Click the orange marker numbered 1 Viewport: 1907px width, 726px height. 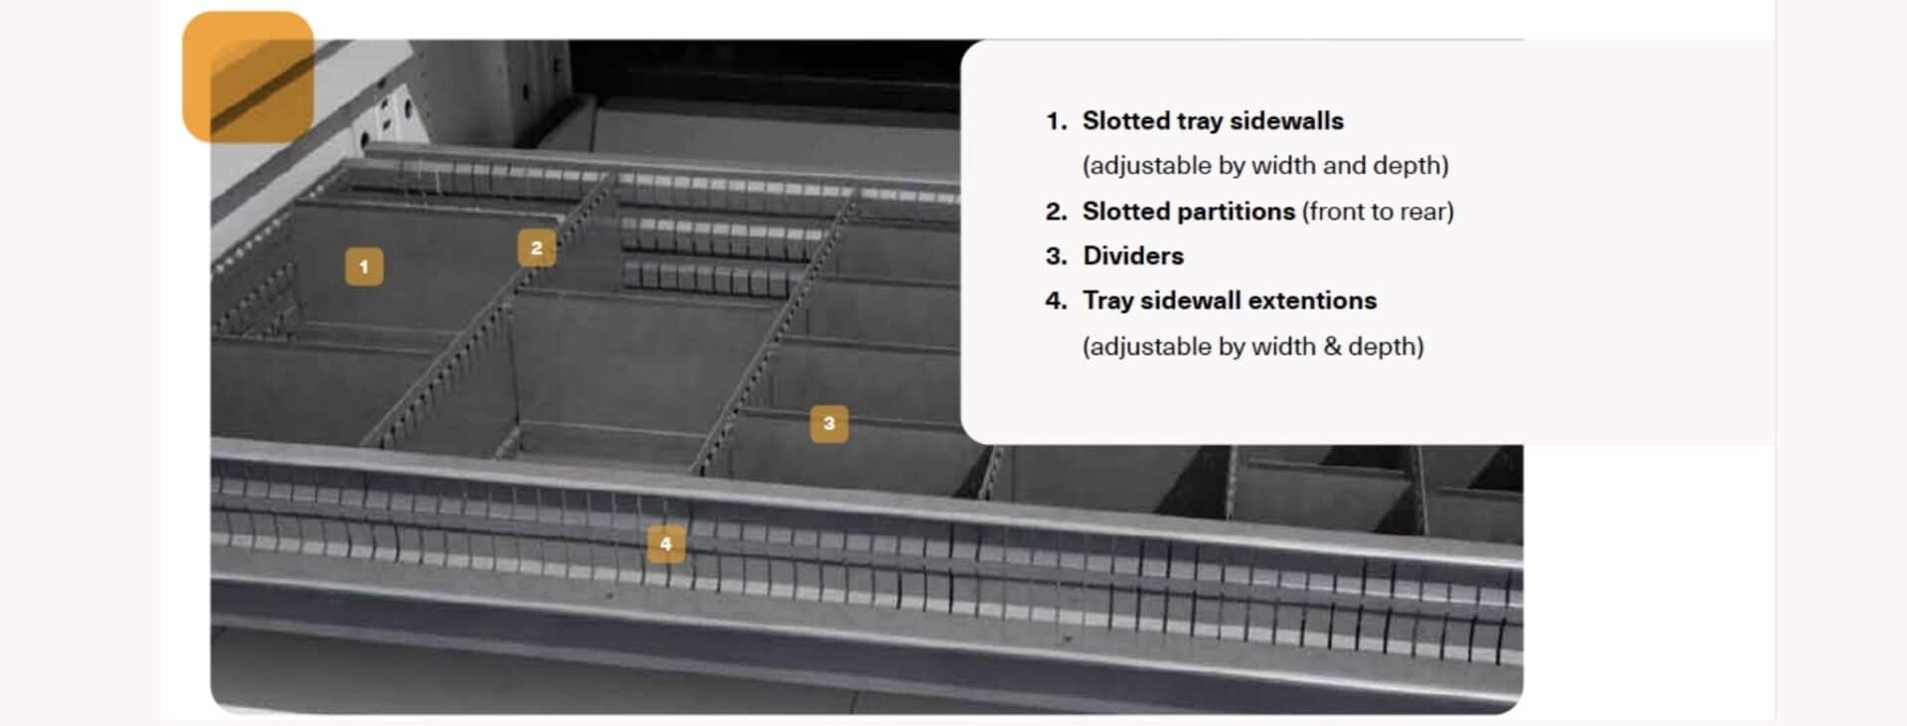point(364,266)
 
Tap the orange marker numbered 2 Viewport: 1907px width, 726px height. point(536,247)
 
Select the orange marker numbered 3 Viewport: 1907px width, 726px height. point(829,423)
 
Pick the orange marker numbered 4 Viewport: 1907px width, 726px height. point(665,543)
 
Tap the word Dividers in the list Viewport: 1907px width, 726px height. point(1132,256)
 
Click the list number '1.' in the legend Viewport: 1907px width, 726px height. point(1056,121)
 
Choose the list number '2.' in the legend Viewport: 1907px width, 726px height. point(1056,212)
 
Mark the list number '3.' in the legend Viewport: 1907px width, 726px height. point(1056,256)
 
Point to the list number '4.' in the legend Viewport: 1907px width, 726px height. point(1056,301)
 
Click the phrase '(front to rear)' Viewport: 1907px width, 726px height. point(1378,212)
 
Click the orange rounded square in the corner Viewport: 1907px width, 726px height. point(248,76)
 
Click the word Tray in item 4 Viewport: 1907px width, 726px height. point(1107,301)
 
